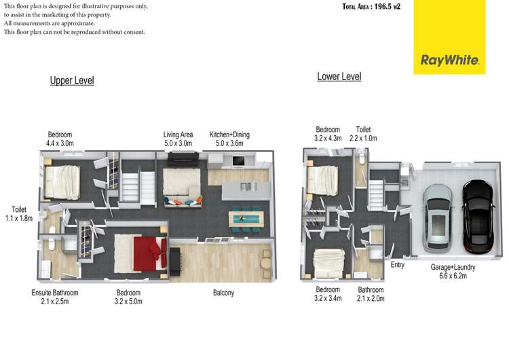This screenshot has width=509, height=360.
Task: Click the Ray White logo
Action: pos(451,60)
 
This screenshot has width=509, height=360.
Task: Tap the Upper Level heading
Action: pos(72,81)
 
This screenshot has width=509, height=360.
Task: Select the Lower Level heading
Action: pos(339,77)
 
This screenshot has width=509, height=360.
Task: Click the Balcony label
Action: pos(223,293)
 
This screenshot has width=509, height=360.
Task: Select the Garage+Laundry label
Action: pos(453,272)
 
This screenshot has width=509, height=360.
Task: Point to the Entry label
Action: pos(397,265)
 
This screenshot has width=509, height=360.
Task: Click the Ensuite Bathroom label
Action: pos(55,298)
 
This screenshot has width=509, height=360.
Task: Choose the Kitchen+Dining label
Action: pos(229,139)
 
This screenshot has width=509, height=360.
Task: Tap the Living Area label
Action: pos(178,139)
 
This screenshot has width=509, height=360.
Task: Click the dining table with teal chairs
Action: pos(244,217)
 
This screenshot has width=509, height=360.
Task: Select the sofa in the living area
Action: pos(182,200)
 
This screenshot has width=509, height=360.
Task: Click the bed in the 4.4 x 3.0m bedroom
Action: pos(64,182)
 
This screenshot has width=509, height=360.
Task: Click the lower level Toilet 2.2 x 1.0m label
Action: pos(362,134)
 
